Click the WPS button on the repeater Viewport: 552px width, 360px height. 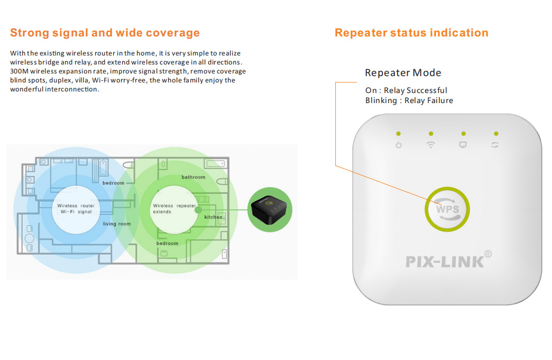447,209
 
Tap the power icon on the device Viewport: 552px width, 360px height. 399,145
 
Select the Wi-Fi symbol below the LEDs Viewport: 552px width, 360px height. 430,145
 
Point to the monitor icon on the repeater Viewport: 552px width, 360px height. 463,145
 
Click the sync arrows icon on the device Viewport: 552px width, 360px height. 495,145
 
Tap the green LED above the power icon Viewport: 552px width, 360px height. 399,134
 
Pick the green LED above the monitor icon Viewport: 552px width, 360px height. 463,134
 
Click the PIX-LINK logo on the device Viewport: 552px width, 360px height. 445,262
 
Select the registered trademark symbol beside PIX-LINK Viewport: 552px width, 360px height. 488,254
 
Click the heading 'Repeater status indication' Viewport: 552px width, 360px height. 411,33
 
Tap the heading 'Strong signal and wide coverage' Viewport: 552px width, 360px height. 105,33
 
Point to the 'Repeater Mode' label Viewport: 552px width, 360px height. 403,73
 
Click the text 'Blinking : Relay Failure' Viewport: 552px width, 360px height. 409,100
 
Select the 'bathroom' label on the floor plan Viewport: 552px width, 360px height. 194,177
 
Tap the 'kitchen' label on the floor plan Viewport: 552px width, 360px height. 213,217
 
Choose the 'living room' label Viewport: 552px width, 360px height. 116,224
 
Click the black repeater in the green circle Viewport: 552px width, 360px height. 269,210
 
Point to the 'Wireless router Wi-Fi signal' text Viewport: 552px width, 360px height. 76,209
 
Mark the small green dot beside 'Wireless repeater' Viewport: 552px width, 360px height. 198,210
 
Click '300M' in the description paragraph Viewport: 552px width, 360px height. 19,71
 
